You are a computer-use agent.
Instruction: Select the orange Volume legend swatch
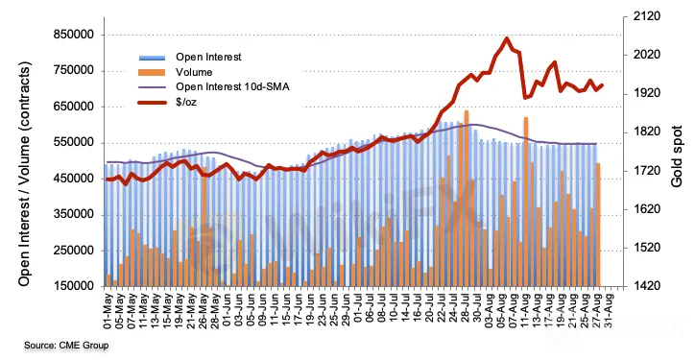coord(152,72)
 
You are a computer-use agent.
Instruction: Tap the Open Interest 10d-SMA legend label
coord(232,87)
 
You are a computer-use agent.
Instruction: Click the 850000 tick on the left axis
coord(75,35)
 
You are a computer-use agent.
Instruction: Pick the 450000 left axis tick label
coord(75,179)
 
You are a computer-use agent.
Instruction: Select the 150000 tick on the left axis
coord(75,286)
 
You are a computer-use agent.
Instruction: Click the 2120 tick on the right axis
coord(649,16)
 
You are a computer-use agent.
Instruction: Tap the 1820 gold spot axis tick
coord(649,132)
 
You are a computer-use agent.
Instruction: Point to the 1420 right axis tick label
coord(649,286)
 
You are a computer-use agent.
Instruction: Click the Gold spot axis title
coord(677,156)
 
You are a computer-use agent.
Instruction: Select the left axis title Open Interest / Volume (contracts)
coord(25,174)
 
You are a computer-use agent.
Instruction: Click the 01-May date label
coord(108,310)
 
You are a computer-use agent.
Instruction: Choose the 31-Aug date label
coord(611,310)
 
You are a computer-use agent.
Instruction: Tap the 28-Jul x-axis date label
coord(467,310)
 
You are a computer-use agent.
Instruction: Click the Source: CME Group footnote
coord(66,346)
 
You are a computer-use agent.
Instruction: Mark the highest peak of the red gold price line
coord(507,38)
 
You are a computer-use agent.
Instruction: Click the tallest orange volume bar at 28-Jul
coord(467,198)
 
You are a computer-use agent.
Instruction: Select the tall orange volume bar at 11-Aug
coord(526,202)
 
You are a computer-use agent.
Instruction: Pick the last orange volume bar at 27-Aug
coord(597,225)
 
